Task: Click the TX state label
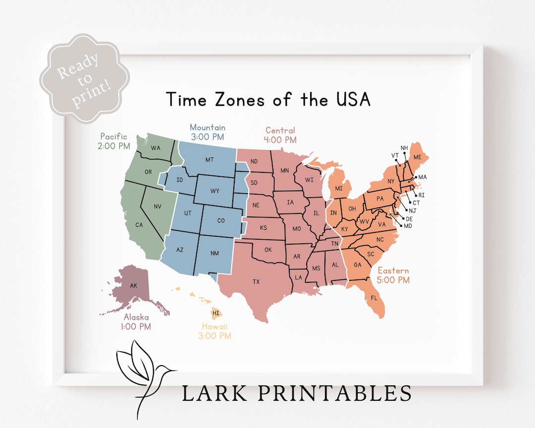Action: [x=256, y=281]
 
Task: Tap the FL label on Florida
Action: [x=374, y=298]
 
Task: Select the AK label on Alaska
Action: [x=133, y=286]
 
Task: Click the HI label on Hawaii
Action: [x=215, y=313]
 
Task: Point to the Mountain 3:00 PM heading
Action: [x=208, y=132]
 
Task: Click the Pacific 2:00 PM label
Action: [x=114, y=141]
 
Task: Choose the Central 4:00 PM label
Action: [x=280, y=135]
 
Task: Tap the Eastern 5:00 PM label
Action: [x=393, y=275]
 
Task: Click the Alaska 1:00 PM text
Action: [x=136, y=322]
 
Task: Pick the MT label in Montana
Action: [x=210, y=160]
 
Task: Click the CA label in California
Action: [x=139, y=225]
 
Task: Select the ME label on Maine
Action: [x=418, y=157]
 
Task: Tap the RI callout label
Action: [x=422, y=195]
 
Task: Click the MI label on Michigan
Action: [x=339, y=188]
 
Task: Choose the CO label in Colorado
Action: [x=220, y=220]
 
